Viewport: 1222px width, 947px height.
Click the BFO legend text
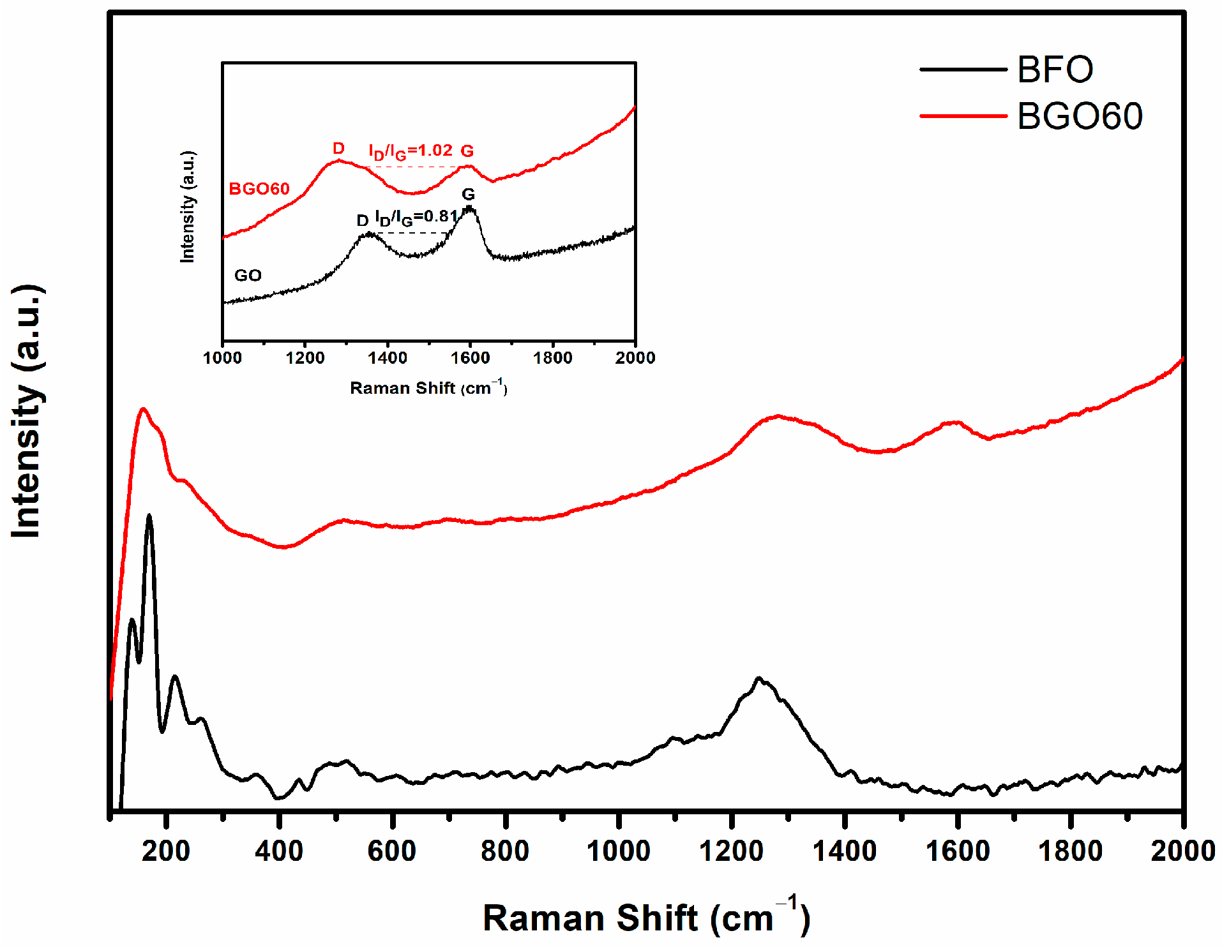[x=1054, y=70]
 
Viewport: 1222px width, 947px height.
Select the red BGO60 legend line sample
[x=962, y=116]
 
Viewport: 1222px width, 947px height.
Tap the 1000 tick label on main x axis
[x=618, y=851]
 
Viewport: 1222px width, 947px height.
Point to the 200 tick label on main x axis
[x=166, y=851]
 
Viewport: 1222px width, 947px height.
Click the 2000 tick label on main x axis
[x=1182, y=851]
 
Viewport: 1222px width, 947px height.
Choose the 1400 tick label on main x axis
[x=844, y=851]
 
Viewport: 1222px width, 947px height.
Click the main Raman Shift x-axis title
[x=645, y=918]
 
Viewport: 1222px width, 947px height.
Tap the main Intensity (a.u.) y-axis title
[x=27, y=412]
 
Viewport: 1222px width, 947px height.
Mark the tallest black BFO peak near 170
[x=149, y=516]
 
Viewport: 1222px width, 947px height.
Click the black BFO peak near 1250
[x=758, y=679]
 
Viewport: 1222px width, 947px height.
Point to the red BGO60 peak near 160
[x=143, y=409]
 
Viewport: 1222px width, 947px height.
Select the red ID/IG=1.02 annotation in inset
[x=411, y=151]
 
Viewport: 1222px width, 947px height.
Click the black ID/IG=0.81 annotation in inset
[x=416, y=218]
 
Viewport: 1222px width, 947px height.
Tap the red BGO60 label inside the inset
[x=259, y=189]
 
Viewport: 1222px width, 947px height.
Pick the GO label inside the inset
[x=248, y=276]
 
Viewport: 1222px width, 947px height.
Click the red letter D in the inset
[x=338, y=149]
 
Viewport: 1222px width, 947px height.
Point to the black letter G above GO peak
[x=468, y=194]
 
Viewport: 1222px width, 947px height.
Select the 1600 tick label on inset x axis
[x=470, y=358]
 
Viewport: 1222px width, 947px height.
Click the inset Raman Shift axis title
[x=428, y=387]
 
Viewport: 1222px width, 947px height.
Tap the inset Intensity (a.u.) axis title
[x=188, y=207]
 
